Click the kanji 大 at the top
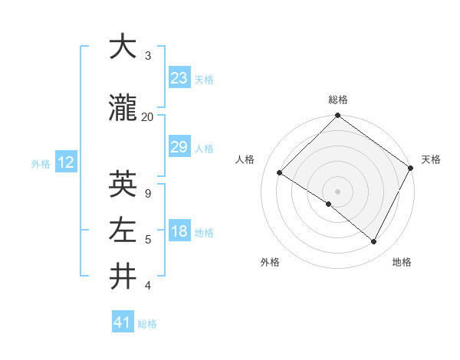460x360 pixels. click(x=123, y=47)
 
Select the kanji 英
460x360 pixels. click(x=123, y=184)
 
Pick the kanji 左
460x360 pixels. click(x=123, y=230)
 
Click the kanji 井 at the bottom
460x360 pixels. click(x=123, y=277)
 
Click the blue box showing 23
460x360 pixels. click(x=179, y=78)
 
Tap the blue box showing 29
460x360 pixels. click(x=179, y=147)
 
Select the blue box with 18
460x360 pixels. click(x=179, y=232)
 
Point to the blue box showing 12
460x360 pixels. click(x=65, y=162)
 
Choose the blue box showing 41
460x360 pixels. click(x=123, y=322)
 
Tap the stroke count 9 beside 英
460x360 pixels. click(x=147, y=193)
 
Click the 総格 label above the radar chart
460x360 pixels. click(x=337, y=100)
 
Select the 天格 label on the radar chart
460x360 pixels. click(x=431, y=159)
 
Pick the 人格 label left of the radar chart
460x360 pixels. click(x=245, y=159)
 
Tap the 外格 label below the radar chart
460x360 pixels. click(x=270, y=262)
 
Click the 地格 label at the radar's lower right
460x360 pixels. click(x=402, y=262)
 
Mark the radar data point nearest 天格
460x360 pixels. click(x=411, y=168)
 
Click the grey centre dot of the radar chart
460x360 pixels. click(x=337, y=191)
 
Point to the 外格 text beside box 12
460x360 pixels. click(x=40, y=163)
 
